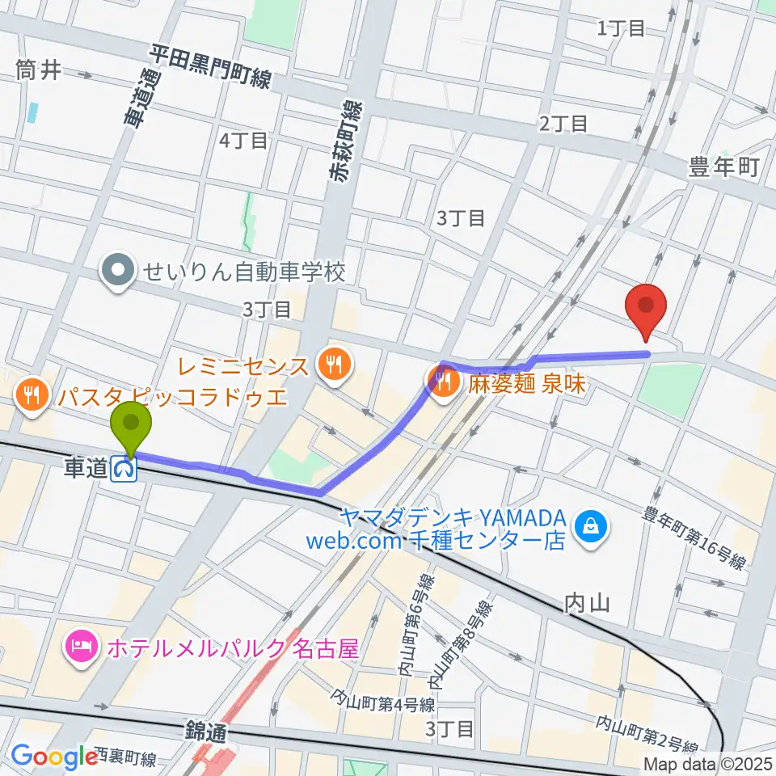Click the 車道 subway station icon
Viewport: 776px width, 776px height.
(124, 468)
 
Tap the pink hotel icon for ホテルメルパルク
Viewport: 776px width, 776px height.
(83, 647)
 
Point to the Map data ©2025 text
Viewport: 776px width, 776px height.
(706, 763)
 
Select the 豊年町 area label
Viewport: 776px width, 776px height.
(723, 167)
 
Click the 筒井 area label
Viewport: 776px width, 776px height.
(38, 71)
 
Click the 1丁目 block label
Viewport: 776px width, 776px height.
(621, 29)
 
